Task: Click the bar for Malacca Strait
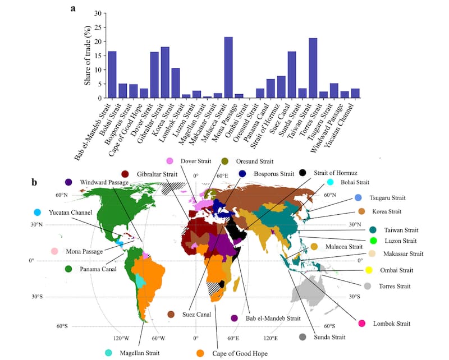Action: (x=228, y=68)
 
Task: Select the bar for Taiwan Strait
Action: (x=313, y=68)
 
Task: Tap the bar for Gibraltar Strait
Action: (x=165, y=73)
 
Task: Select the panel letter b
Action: (x=35, y=182)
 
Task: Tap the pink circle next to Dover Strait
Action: (x=169, y=161)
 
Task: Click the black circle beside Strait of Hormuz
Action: (x=304, y=173)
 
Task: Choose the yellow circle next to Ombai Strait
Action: (x=369, y=270)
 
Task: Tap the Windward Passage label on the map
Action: (x=104, y=182)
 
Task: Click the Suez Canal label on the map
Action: (x=195, y=315)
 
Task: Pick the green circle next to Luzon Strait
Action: (x=372, y=241)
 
